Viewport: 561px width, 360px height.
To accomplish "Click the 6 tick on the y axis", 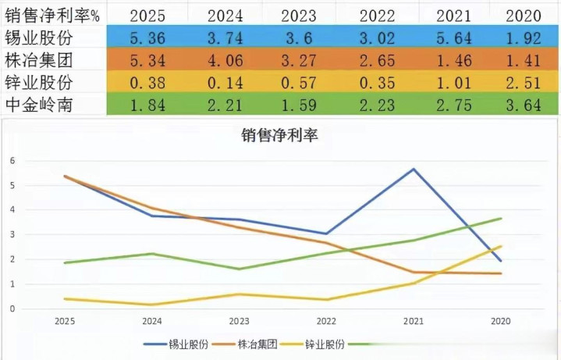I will [12, 160].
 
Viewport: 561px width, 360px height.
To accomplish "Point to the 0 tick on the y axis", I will [12, 308].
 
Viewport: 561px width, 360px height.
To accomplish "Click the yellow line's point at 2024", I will [153, 305].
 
